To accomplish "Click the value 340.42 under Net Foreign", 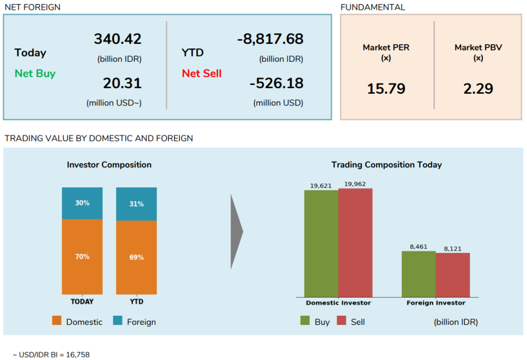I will click(117, 39).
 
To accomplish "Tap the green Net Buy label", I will click(35, 73).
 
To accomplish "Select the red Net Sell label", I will click(202, 73).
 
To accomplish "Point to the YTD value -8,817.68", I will click(270, 39).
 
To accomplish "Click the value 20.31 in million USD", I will click(122, 83).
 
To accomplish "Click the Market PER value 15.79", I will click(386, 89).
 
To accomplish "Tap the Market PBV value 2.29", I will click(478, 89).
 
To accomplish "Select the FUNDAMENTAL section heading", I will click(373, 7).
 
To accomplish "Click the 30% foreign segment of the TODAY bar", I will click(82, 203).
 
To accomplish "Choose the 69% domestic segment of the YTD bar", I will click(136, 257).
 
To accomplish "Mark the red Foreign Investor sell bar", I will click(453, 275).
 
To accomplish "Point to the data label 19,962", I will click(356, 184).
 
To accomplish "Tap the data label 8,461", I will click(419, 247).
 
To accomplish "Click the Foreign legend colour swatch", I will click(118, 321).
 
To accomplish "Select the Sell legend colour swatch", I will click(342, 321).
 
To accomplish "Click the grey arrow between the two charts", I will click(236, 231).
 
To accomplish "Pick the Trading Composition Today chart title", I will click(387, 165).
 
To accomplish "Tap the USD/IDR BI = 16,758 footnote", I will click(48, 354).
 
